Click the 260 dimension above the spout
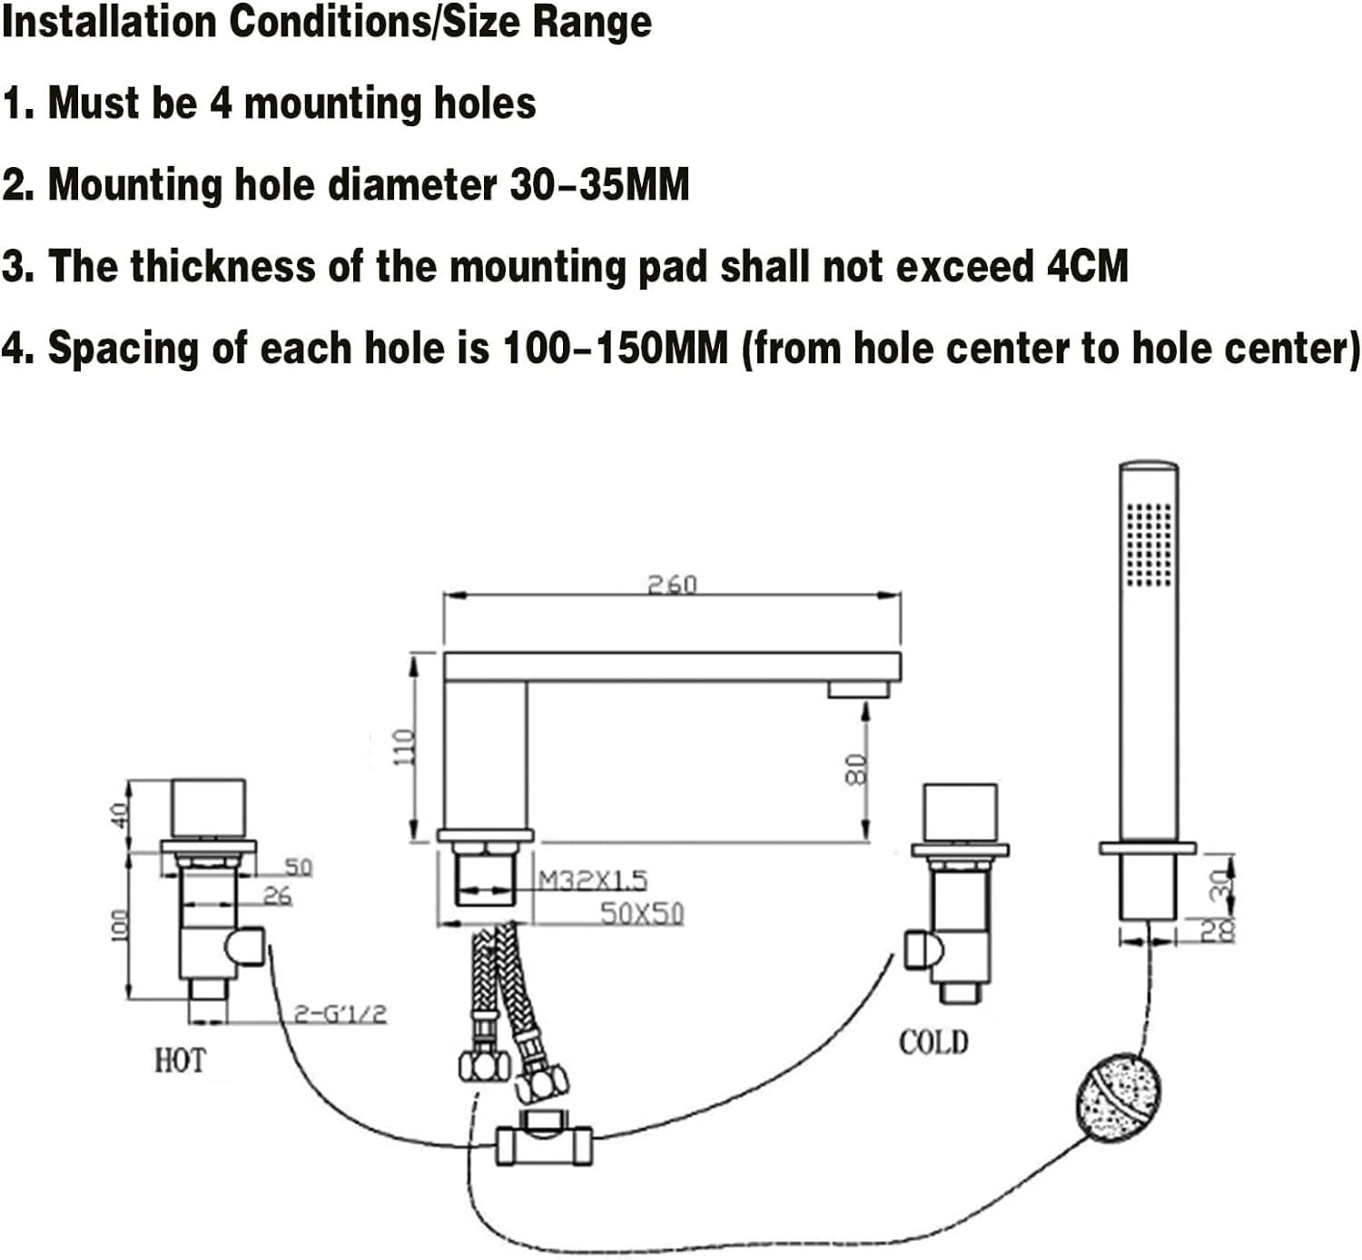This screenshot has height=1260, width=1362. (672, 585)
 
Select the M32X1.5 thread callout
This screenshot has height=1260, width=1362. (593, 880)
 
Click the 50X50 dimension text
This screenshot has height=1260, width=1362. (641, 912)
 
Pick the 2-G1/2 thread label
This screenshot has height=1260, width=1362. (340, 1013)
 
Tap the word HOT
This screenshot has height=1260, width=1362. (180, 1059)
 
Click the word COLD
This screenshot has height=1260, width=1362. (933, 1041)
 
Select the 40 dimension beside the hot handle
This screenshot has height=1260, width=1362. (117, 814)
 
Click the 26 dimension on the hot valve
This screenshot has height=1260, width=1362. (277, 896)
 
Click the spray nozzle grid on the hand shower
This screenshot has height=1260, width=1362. (1149, 544)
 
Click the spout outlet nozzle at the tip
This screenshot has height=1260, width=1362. (858, 690)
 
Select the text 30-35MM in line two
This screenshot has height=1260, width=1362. (599, 185)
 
